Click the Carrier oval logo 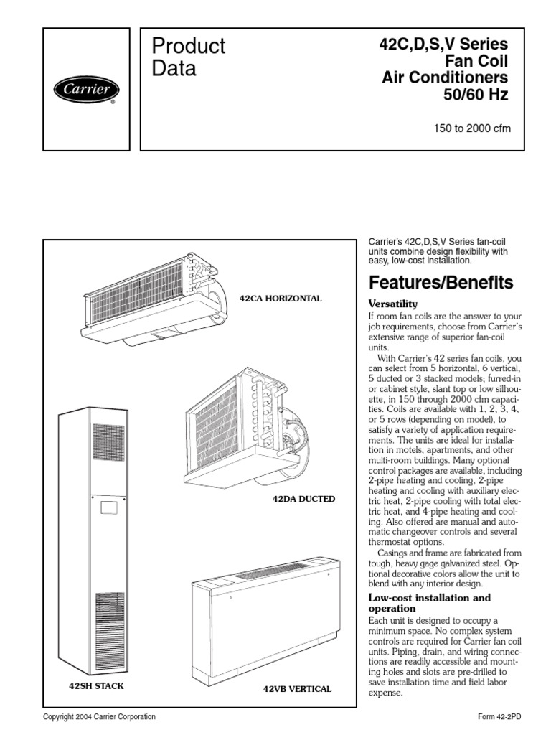(86, 90)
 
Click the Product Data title (189, 57)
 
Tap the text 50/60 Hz (480, 95)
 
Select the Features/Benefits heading (441, 283)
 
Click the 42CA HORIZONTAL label (281, 298)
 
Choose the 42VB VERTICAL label (298, 689)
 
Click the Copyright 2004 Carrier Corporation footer (99, 717)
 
